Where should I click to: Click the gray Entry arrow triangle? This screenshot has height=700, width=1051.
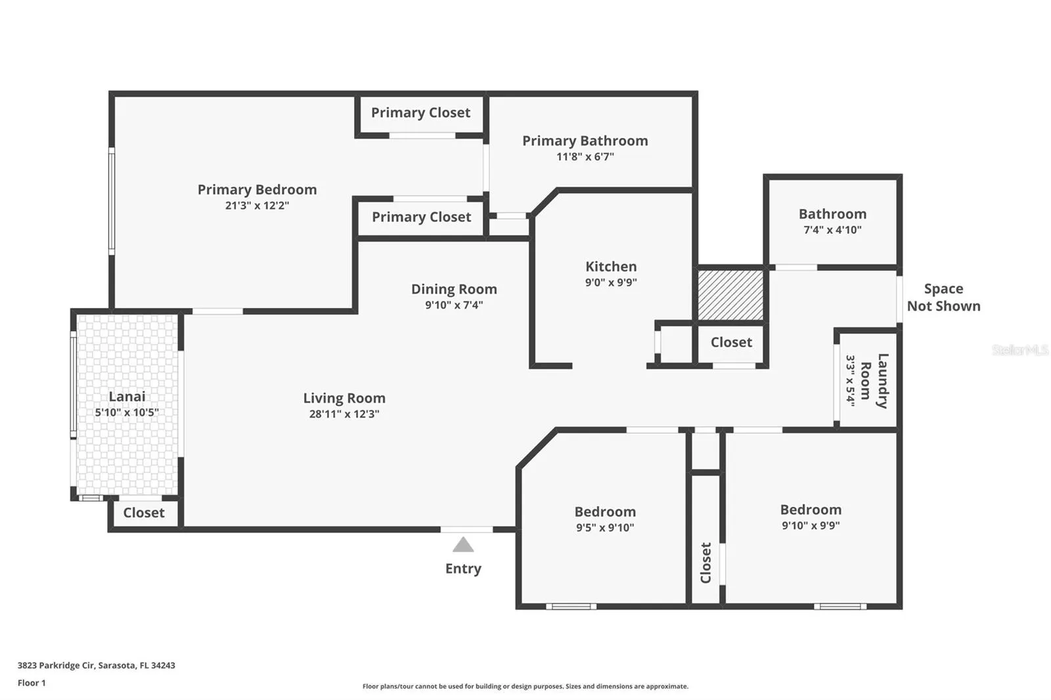(x=463, y=545)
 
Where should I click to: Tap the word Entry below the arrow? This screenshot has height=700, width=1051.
(x=463, y=569)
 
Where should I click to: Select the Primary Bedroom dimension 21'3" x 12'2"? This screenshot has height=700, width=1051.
(x=257, y=206)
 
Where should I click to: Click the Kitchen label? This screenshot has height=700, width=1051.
(x=611, y=267)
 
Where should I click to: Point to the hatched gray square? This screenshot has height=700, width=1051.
(x=730, y=295)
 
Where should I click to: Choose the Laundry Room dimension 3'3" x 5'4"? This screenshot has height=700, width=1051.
(x=850, y=380)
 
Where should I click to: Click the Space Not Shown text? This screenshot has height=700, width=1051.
(x=943, y=297)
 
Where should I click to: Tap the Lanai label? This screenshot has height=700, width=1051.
(x=127, y=397)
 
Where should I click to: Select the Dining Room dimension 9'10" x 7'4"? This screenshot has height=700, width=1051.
(x=454, y=305)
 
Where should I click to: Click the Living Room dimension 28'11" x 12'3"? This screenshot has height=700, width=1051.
(x=344, y=414)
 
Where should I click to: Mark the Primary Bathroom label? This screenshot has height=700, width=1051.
(x=585, y=141)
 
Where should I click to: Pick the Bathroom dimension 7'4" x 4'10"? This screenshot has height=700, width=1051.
(x=833, y=230)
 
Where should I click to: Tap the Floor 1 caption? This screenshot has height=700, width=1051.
(x=32, y=683)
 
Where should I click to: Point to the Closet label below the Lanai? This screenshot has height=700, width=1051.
(x=144, y=513)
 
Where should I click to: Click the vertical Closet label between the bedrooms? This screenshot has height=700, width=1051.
(x=705, y=563)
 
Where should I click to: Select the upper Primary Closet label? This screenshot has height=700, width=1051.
(x=421, y=112)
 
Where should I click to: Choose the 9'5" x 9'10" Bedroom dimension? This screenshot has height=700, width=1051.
(x=605, y=527)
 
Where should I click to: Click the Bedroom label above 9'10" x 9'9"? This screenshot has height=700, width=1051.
(x=811, y=510)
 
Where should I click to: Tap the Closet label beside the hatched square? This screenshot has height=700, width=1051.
(x=732, y=343)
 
